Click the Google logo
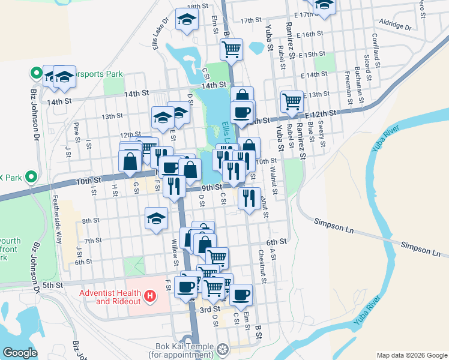tap(20, 353)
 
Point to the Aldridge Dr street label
tap(396, 27)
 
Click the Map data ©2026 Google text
tap(411, 355)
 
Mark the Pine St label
tap(76, 129)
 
